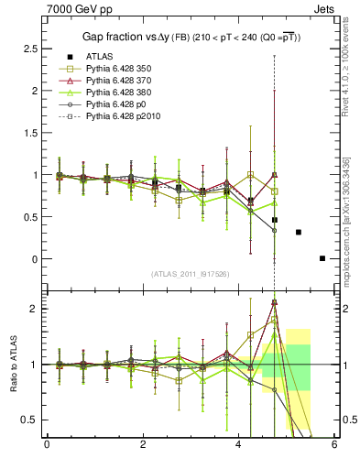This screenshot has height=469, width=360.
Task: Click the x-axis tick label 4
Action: [238, 446]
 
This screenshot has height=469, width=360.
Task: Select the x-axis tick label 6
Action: [333, 446]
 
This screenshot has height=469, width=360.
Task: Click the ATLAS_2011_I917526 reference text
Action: [190, 275]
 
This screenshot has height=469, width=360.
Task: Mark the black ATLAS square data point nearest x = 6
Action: [322, 258]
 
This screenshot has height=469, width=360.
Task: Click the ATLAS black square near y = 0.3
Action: [299, 232]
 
